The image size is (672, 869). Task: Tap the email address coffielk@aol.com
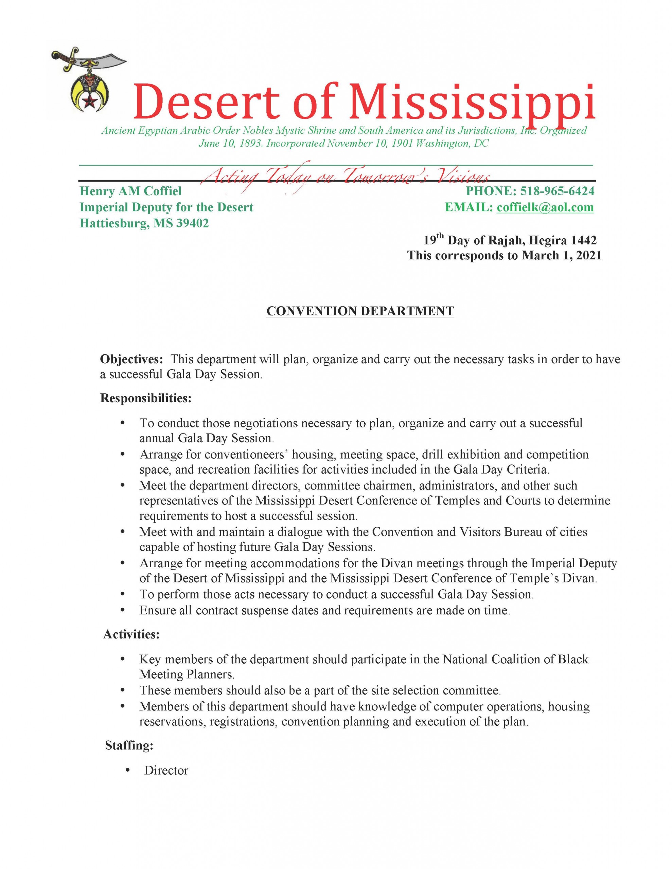click(x=545, y=207)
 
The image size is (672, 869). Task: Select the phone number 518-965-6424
click(x=557, y=191)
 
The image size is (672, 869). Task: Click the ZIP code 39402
click(x=192, y=223)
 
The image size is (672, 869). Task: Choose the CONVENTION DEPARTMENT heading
click(x=360, y=311)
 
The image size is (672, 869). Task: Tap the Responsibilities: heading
click(x=146, y=398)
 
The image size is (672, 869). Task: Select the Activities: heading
click(x=131, y=634)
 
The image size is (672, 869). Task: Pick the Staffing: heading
click(x=129, y=745)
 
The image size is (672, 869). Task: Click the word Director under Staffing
click(x=166, y=770)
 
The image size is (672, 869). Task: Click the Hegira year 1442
click(x=584, y=240)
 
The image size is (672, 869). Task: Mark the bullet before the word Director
click(x=127, y=770)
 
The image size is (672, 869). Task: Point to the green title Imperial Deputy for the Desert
click(x=166, y=207)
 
